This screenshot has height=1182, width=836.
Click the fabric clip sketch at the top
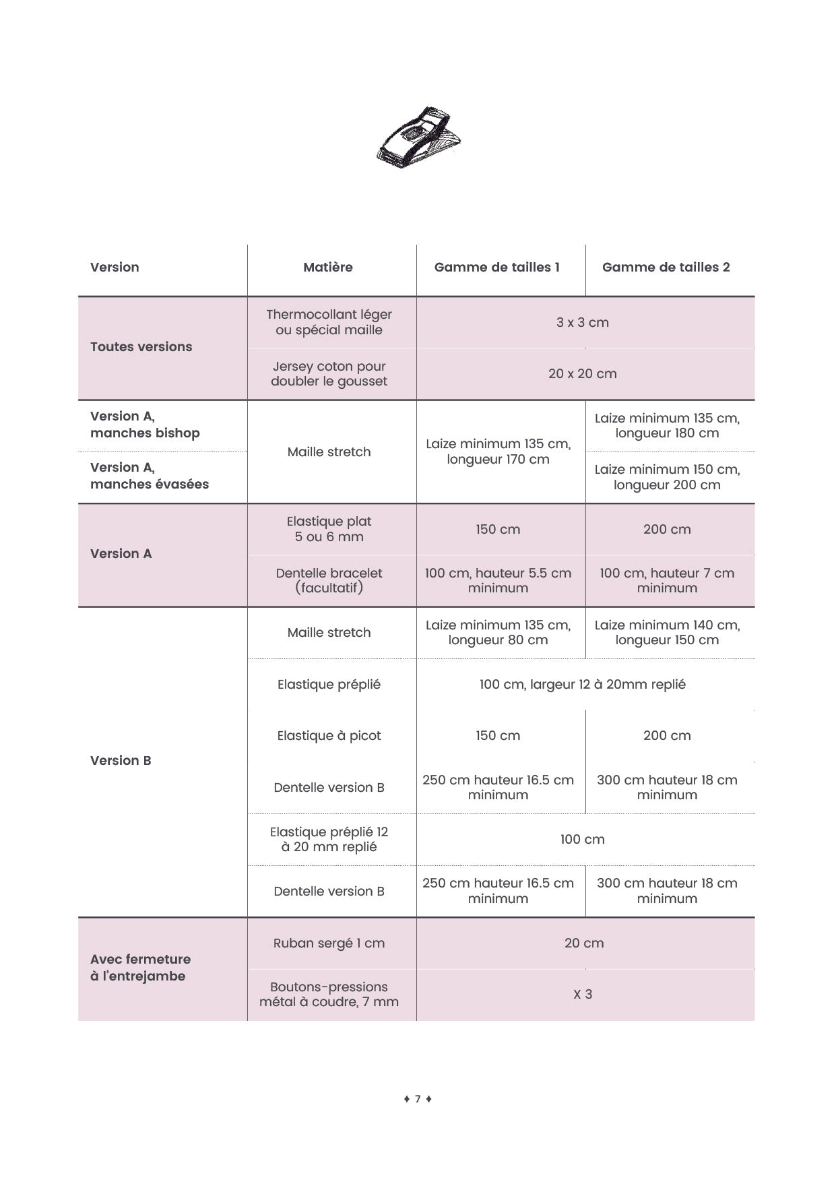pyautogui.click(x=419, y=137)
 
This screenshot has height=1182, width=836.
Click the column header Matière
pyautogui.click(x=328, y=268)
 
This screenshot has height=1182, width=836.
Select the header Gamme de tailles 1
pyautogui.click(x=497, y=268)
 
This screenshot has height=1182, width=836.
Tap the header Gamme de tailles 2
pyautogui.click(x=666, y=268)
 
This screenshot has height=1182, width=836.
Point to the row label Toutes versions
pyautogui.click(x=141, y=347)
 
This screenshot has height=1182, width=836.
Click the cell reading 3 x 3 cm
pyautogui.click(x=583, y=323)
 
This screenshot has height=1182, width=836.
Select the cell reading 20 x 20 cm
pyautogui.click(x=583, y=374)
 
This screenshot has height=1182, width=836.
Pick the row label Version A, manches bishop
pyautogui.click(x=145, y=425)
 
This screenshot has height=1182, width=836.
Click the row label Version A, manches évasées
pyautogui.click(x=150, y=476)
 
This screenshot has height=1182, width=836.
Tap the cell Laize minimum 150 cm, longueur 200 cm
pyautogui.click(x=667, y=477)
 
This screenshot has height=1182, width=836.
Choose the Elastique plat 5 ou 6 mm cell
pyautogui.click(x=329, y=529)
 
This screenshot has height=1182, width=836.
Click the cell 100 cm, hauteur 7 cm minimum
pyautogui.click(x=667, y=580)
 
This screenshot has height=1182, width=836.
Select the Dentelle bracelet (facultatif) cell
pyautogui.click(x=329, y=580)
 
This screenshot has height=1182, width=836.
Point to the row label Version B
pyautogui.click(x=121, y=761)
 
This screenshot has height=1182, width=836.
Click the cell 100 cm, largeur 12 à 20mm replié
pyautogui.click(x=583, y=685)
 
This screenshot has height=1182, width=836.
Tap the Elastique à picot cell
pyautogui.click(x=329, y=736)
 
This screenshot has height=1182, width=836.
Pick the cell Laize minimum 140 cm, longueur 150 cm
pyautogui.click(x=667, y=633)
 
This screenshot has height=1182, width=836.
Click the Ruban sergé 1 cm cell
pyautogui.click(x=329, y=943)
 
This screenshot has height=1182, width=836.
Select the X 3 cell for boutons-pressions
pyautogui.click(x=583, y=995)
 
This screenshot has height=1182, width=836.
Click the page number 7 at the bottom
pyautogui.click(x=418, y=1099)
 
